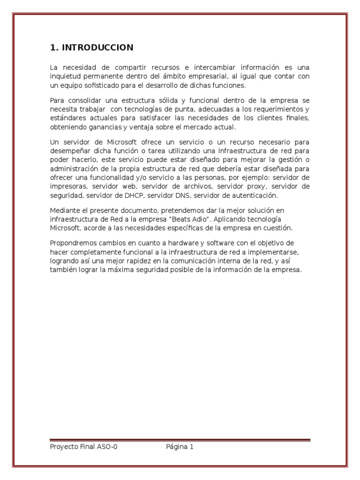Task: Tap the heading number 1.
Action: (x=53, y=47)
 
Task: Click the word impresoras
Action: (x=68, y=186)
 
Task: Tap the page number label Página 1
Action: (x=180, y=447)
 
